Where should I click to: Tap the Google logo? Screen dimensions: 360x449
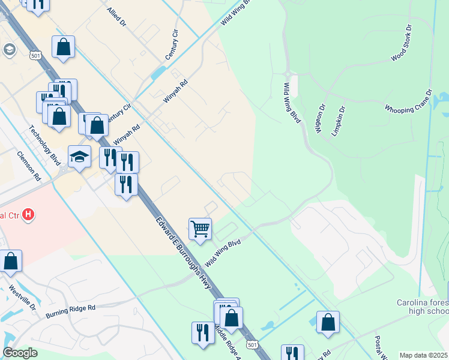[x=20, y=353]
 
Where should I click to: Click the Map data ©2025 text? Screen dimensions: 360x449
[x=423, y=355]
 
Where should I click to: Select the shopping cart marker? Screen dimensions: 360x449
[x=200, y=228]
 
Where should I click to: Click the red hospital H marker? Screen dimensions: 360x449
[x=28, y=214]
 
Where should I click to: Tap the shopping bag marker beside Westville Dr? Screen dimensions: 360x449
[x=11, y=261]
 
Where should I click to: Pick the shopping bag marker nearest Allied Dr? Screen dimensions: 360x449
[x=63, y=47]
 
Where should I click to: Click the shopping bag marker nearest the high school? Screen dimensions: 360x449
[x=328, y=322]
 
